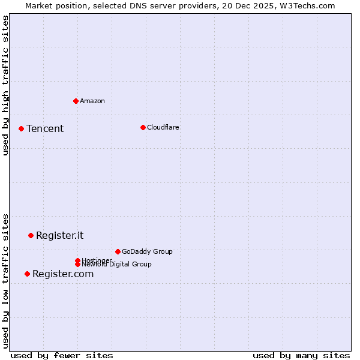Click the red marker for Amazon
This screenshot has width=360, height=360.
pos(76,101)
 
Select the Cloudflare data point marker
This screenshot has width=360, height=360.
pos(143,127)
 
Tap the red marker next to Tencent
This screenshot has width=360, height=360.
pos(21,128)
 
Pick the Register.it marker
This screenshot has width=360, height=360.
pos(31,235)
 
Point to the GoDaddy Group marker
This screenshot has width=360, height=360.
pos(118,251)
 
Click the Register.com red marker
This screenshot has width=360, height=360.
pos(27,274)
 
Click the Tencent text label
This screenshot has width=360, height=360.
pos(45,129)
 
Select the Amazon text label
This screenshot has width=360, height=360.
pos(92,101)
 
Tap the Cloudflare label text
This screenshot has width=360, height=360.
pos(163,127)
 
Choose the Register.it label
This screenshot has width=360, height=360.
pos(60,235)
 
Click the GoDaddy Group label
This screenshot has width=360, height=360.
pos(147,251)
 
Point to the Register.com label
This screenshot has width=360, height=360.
pos(63,274)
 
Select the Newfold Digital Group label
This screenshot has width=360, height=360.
pos(117,265)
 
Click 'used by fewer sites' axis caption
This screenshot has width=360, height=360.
pos(62,355)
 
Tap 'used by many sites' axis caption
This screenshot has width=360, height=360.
pos(301,355)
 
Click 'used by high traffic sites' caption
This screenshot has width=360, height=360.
pos(6,85)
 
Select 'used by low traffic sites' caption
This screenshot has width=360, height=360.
pos(6,281)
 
